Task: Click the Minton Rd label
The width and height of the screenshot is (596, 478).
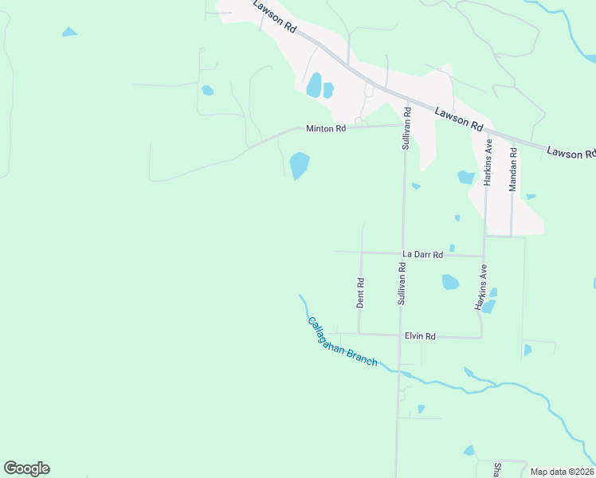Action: point(326,128)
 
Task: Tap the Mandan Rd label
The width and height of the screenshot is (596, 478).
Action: point(513,167)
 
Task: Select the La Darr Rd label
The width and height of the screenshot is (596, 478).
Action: point(422,254)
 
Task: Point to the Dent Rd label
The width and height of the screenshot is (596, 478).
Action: point(360,292)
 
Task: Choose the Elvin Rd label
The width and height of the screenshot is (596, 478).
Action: point(419,336)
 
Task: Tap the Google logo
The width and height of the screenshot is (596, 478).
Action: point(26,468)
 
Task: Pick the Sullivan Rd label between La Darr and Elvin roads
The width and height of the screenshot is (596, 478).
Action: point(402,284)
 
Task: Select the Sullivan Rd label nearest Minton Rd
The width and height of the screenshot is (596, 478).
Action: point(406,129)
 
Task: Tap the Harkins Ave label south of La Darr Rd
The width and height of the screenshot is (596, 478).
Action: point(481,288)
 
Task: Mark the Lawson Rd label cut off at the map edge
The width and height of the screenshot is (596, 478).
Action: point(571,151)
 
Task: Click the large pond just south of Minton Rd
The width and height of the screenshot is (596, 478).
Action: point(300,166)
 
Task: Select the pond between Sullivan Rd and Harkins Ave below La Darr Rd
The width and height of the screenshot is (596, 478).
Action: point(450,282)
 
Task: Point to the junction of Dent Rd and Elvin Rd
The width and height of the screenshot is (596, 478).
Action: point(359,334)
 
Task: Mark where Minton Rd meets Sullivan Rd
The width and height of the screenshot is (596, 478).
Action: point(406,124)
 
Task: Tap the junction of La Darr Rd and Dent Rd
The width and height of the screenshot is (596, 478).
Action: point(362,253)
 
